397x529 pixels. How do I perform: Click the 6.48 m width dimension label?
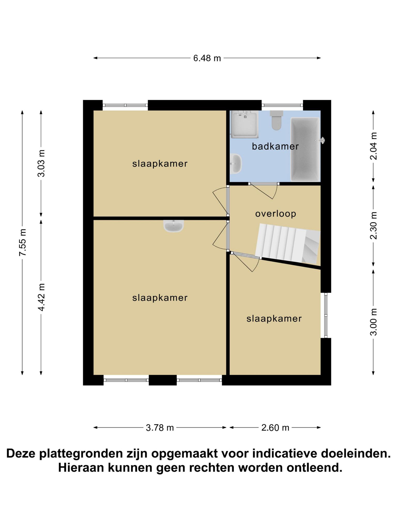point(207,58)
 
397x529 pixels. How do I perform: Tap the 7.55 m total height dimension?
point(22,242)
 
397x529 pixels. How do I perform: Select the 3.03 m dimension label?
point(41,163)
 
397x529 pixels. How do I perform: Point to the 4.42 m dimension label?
point(41,297)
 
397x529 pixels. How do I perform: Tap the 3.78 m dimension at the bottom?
point(160,428)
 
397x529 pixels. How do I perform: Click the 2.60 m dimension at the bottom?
point(275,428)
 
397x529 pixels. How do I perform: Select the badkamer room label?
point(275,146)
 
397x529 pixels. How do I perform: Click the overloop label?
point(276,214)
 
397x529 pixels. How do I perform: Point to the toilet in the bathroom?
point(277,120)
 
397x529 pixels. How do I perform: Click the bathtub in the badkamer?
point(306,149)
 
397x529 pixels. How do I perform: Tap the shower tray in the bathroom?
point(244,124)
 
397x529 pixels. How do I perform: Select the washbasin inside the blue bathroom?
point(236,164)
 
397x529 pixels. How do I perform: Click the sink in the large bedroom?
point(173,226)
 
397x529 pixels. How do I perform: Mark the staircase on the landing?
point(288,244)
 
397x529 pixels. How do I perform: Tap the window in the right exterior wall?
point(326,315)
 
